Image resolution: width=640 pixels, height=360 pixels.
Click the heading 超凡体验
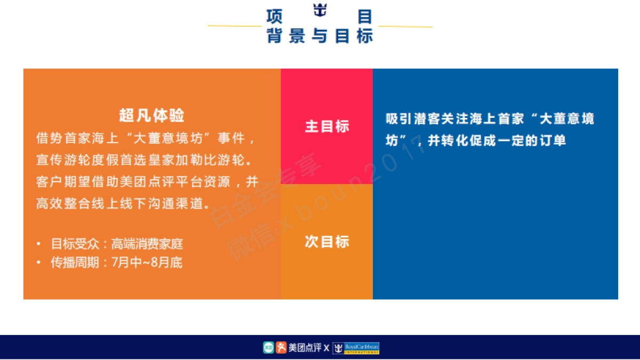(152, 115)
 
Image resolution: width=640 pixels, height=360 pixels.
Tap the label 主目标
(327, 126)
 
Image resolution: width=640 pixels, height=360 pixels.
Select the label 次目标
(327, 242)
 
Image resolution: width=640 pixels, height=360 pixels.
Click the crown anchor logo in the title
(319, 11)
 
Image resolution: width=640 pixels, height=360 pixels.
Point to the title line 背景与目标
(319, 36)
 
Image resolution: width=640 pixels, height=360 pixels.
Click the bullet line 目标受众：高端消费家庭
(117, 244)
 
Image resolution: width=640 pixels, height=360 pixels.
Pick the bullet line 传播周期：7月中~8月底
(116, 262)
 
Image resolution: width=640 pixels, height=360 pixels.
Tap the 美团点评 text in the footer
(305, 348)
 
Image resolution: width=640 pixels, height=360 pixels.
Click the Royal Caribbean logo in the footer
(356, 348)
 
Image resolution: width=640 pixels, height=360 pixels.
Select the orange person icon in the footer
(281, 348)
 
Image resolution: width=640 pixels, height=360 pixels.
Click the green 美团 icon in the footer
(268, 348)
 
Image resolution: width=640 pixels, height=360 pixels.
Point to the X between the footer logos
(326, 349)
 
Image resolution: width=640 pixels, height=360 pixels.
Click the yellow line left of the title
(234, 26)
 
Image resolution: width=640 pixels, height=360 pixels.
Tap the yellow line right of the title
(405, 26)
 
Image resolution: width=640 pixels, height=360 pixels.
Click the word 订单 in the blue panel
(554, 141)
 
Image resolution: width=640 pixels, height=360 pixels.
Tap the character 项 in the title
(274, 17)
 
